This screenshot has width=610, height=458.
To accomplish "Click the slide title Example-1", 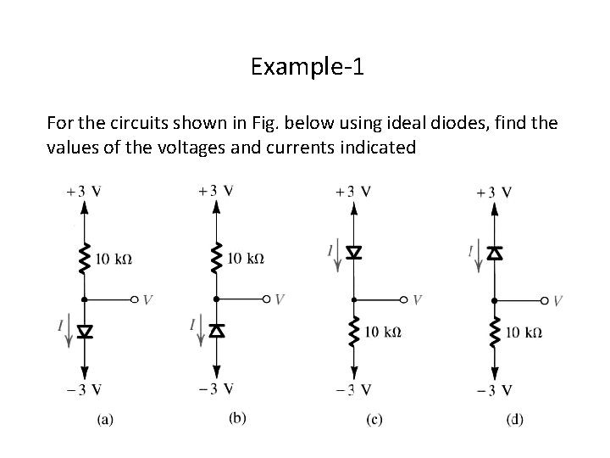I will click(307, 66).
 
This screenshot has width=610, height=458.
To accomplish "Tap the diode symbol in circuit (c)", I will click(354, 252).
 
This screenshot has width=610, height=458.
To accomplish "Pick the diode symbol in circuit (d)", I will click(494, 252).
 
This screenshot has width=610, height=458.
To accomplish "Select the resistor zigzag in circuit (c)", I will click(354, 331).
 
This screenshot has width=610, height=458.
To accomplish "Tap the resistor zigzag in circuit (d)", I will click(494, 331).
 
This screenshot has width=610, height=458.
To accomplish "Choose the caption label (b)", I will click(238, 416).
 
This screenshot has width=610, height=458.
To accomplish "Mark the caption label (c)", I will click(374, 418).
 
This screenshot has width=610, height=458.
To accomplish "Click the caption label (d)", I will click(514, 418).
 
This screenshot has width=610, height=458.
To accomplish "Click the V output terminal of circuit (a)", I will click(136, 299).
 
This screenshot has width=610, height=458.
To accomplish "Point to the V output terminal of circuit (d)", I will click(546, 300).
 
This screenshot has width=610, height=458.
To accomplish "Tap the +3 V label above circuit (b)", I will click(216, 191).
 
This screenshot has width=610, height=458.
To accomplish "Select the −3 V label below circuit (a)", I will click(84, 389).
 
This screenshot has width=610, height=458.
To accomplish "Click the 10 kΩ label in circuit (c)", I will click(383, 331).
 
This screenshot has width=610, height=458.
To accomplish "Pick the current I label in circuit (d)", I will click(470, 250).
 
